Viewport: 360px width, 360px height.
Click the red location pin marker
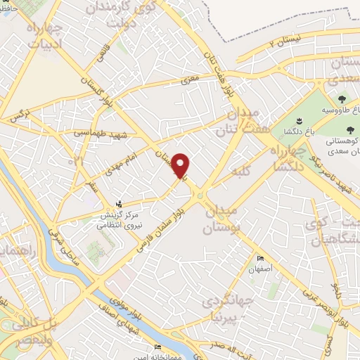pyautogui.click(x=181, y=165)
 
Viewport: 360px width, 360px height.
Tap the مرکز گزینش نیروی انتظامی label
pyautogui.click(x=118, y=219)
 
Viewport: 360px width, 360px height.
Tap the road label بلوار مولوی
pyautogui.click(x=125, y=284)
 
